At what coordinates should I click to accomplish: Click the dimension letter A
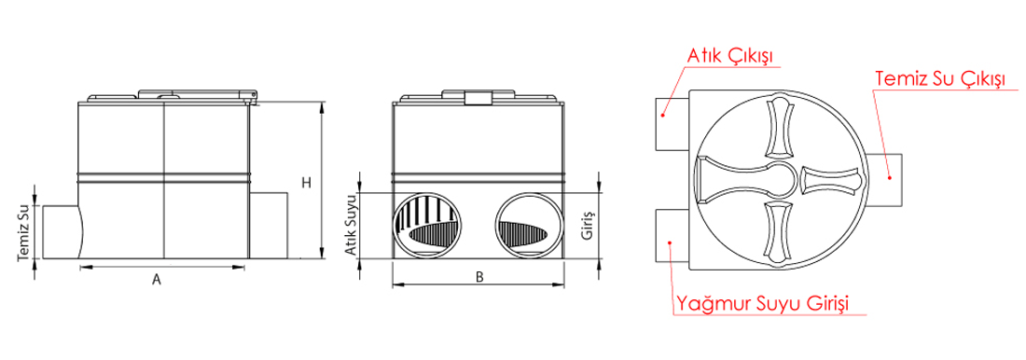(x=157, y=280)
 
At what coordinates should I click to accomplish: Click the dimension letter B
(x=479, y=277)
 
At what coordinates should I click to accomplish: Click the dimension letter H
(x=306, y=183)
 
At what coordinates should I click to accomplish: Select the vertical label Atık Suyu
(x=351, y=224)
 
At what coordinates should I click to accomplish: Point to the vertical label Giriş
(x=587, y=225)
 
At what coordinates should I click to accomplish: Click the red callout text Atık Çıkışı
(x=729, y=56)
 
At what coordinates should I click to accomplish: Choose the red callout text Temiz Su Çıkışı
(x=939, y=78)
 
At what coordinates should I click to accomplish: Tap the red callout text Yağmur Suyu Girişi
(x=763, y=304)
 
